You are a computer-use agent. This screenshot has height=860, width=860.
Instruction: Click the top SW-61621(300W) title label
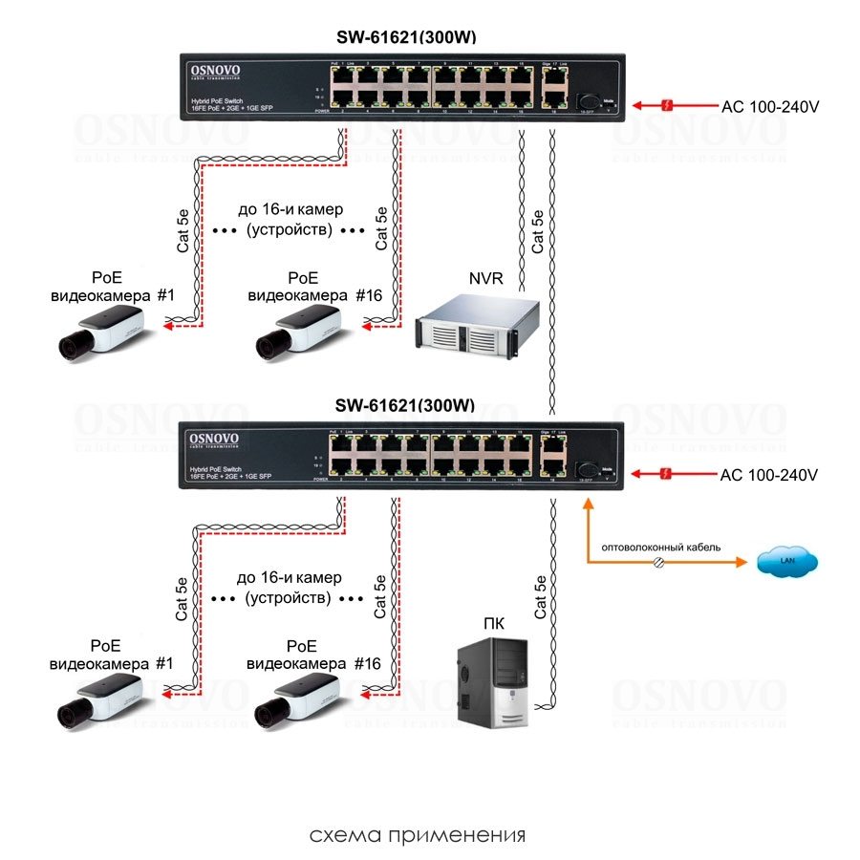(x=406, y=37)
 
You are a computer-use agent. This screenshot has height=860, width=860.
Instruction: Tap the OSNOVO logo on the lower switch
(x=214, y=439)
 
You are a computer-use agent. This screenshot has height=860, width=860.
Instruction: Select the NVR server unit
(x=478, y=329)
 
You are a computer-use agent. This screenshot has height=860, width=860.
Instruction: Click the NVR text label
(x=485, y=278)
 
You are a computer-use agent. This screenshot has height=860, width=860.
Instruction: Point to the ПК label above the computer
(x=494, y=626)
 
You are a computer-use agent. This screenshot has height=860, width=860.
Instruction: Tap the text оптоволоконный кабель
(x=661, y=548)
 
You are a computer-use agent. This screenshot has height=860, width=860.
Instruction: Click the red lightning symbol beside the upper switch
(x=672, y=104)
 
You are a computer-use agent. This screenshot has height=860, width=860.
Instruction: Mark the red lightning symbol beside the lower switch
(x=672, y=474)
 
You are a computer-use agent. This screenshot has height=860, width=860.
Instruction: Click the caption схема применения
(x=418, y=835)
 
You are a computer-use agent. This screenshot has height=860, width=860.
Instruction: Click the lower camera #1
(x=99, y=697)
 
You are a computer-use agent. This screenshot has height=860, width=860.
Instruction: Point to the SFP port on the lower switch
(x=587, y=470)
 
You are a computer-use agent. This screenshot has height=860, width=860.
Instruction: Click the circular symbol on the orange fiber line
(x=658, y=565)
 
